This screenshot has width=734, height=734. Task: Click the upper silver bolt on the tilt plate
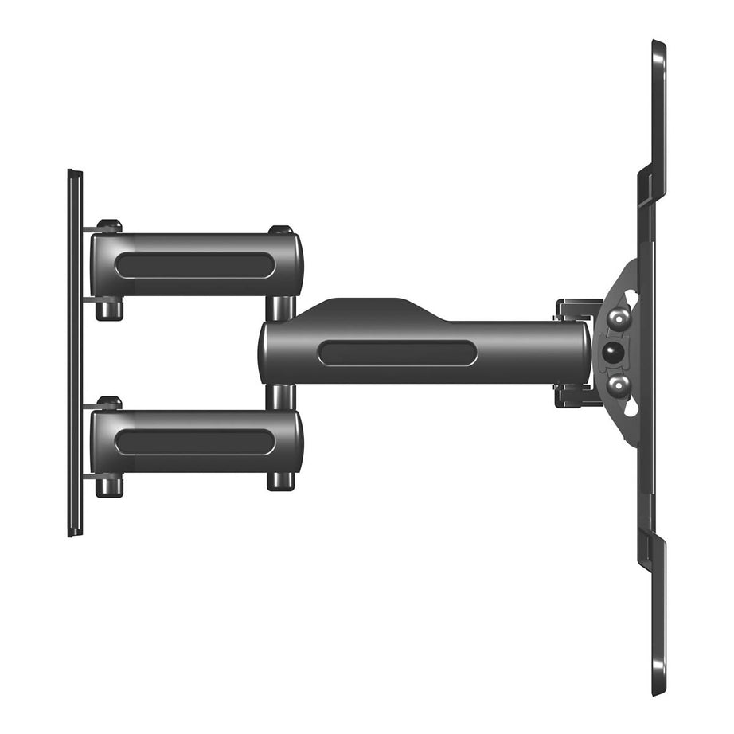(618, 319)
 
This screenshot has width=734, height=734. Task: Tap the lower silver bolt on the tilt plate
(618, 385)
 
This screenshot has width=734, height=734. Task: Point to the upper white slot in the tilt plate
(631, 298)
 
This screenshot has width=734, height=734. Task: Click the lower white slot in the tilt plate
(631, 408)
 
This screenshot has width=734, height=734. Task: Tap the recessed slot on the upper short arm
(195, 265)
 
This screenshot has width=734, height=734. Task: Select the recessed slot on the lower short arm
(195, 442)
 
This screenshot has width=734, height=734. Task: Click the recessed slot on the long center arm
(397, 353)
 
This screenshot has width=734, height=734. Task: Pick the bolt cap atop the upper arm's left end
(109, 226)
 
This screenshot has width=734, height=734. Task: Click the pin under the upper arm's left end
(109, 309)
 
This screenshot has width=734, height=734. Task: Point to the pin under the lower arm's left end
(109, 485)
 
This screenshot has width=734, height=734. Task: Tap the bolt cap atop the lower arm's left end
(109, 403)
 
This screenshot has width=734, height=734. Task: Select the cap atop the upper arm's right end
(280, 230)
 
